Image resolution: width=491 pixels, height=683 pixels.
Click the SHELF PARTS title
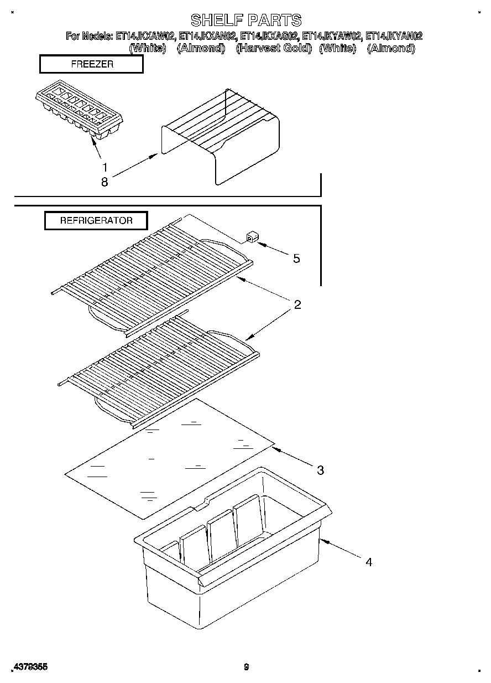tap(246, 20)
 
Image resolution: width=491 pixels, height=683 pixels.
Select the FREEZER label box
tap(92, 64)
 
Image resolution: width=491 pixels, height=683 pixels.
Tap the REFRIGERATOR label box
tap(96, 220)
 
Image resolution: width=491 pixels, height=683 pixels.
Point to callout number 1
tap(105, 167)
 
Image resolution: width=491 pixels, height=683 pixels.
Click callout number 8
tap(105, 181)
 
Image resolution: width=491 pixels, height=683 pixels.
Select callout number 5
tap(297, 258)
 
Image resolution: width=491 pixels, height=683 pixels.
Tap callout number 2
tap(297, 304)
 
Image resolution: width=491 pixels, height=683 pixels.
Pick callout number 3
tap(320, 470)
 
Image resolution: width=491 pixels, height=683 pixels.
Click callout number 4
tap(368, 562)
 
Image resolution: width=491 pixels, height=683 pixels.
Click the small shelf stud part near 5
tap(252, 239)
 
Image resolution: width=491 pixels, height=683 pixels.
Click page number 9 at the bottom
tap(247, 667)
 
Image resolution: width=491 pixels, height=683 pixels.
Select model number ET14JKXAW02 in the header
tap(145, 36)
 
